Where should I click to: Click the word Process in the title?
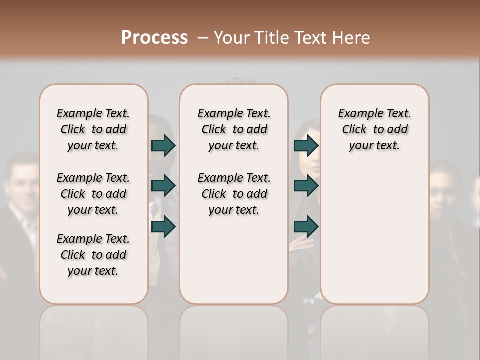tap(154, 37)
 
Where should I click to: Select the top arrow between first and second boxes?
tap(163, 145)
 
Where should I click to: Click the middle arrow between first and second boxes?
tap(163, 186)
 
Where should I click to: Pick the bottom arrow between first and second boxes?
tap(163, 227)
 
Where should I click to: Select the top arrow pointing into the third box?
tap(306, 145)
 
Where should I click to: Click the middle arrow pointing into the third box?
tap(306, 186)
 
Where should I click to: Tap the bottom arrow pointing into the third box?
tap(306, 227)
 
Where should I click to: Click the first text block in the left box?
tap(93, 129)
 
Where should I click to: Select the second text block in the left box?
tap(93, 194)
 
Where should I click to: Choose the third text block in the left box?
tap(93, 255)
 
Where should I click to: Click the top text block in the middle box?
tap(234, 129)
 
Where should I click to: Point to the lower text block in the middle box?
tap(234, 194)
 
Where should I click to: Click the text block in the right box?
tap(374, 129)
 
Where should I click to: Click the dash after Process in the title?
tap(203, 37)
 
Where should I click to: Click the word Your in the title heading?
tap(231, 37)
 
